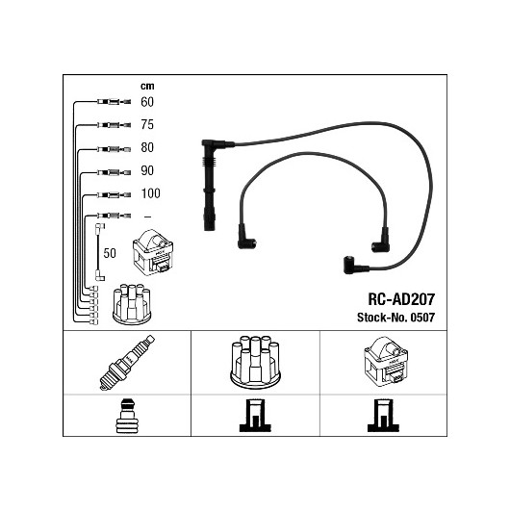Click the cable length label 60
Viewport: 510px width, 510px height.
[x=147, y=102]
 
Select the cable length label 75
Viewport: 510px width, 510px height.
[x=147, y=124]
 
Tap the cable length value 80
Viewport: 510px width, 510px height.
[x=147, y=147]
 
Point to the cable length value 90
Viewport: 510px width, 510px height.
[x=147, y=170]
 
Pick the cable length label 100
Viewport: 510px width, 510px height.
[x=150, y=193]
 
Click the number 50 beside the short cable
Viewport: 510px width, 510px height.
[x=110, y=253]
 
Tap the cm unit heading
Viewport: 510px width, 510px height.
[x=147, y=87]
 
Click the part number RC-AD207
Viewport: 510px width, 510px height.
[x=401, y=299]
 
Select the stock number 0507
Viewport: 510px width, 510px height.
[x=422, y=318]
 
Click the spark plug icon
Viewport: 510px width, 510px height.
[x=127, y=363]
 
